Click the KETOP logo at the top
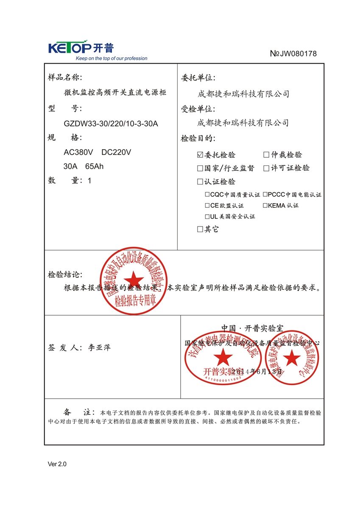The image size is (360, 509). coord(81,47)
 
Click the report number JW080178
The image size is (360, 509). coord(293,53)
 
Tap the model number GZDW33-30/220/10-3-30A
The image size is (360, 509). coord(111,124)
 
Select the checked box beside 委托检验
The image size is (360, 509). coord(201,155)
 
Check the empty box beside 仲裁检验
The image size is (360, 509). coord(266,155)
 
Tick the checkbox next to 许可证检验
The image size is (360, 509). coord(266,168)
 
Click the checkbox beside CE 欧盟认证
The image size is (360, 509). coord(207,205)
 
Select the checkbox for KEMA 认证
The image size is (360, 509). coord(265,205)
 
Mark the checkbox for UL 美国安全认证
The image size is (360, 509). coord(207,216)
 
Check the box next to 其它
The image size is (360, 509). coord(201,229)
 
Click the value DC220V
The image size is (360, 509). coord(117,152)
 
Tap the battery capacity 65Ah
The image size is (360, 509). coord(94,166)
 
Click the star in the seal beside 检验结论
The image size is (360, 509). coord(135,280)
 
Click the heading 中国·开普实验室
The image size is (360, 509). coord(252,328)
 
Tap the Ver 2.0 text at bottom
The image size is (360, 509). coord(57,464)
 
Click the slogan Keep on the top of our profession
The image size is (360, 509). coord(111,59)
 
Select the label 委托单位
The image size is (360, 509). coord(198,78)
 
